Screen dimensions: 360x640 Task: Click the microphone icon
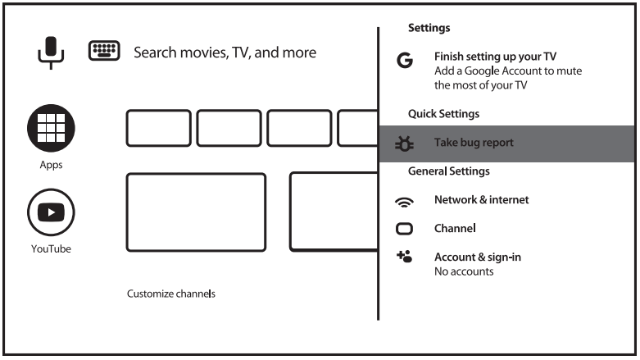coord(51,52)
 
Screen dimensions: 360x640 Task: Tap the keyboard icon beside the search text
coord(103,52)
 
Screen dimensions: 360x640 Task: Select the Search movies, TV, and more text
coord(225,52)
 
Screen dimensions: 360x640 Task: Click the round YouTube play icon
coord(51,212)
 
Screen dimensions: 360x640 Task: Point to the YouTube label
coord(51,248)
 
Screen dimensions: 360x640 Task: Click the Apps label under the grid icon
coord(51,165)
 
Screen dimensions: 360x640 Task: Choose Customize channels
coord(171,293)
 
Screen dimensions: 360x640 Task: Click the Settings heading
coord(429,28)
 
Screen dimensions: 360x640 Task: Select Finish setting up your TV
coord(495,57)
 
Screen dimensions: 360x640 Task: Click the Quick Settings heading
coord(443,114)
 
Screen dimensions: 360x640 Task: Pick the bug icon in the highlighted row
coord(404,144)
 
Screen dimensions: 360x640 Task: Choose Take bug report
coord(474,143)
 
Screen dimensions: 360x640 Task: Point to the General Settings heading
coord(448,171)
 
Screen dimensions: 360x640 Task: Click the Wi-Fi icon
coord(404,201)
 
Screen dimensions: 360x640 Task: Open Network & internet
coord(481,199)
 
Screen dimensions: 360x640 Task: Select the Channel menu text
coord(455,228)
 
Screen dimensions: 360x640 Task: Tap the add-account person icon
coord(403,257)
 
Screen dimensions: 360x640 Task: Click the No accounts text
coord(464,271)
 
